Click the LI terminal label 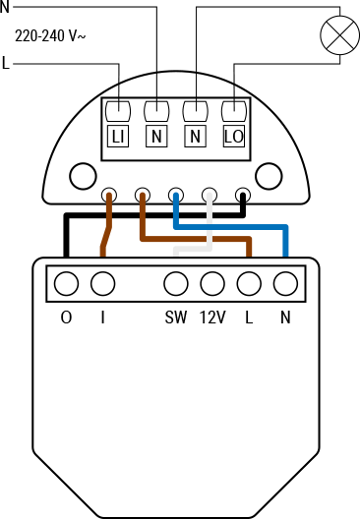point(119,137)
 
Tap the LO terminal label point(233,137)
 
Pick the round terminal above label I point(101,285)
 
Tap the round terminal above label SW point(175,285)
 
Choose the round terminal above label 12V point(211,285)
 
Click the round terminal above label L point(249,285)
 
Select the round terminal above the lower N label point(285,285)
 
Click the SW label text point(175,317)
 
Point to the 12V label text point(212,317)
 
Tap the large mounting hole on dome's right point(267,176)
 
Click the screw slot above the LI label point(119,109)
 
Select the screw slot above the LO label point(233,109)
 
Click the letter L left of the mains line point(7,65)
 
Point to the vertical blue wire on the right point(285,246)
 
